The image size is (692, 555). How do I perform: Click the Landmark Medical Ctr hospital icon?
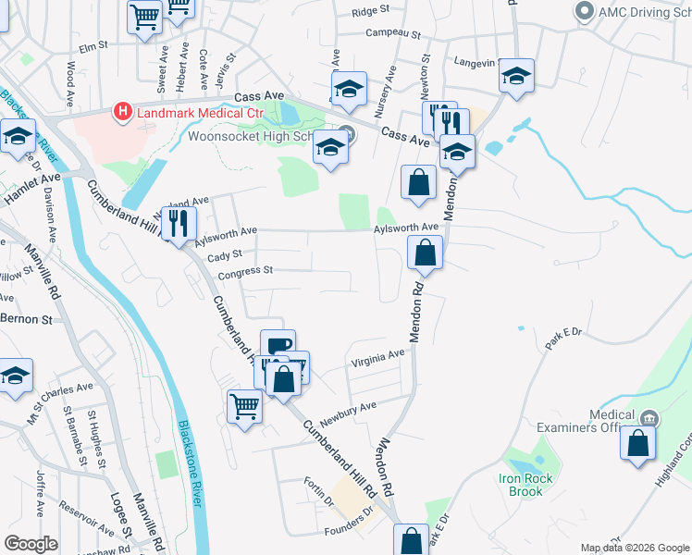coord(121,113)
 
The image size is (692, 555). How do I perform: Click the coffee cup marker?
coord(278,345)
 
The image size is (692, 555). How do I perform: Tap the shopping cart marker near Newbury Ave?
coord(244,405)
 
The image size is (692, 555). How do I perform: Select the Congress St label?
coord(246,272)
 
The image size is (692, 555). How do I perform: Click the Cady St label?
coord(225,253)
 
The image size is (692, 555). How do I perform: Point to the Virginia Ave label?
coord(377,354)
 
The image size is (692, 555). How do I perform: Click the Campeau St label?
coord(394,34)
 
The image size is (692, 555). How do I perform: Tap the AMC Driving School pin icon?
coord(584,12)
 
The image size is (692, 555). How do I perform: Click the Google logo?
coord(31,544)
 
